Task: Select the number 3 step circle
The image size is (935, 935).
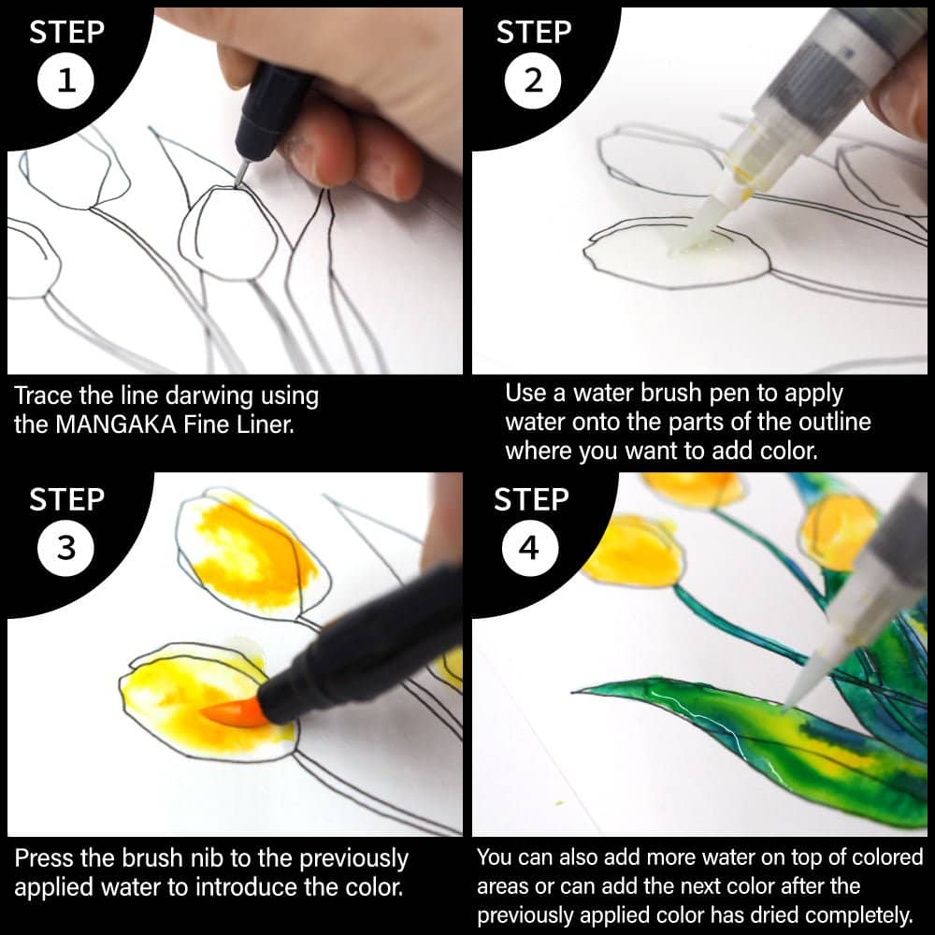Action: click(65, 547)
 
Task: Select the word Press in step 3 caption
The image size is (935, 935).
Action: click(45, 858)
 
